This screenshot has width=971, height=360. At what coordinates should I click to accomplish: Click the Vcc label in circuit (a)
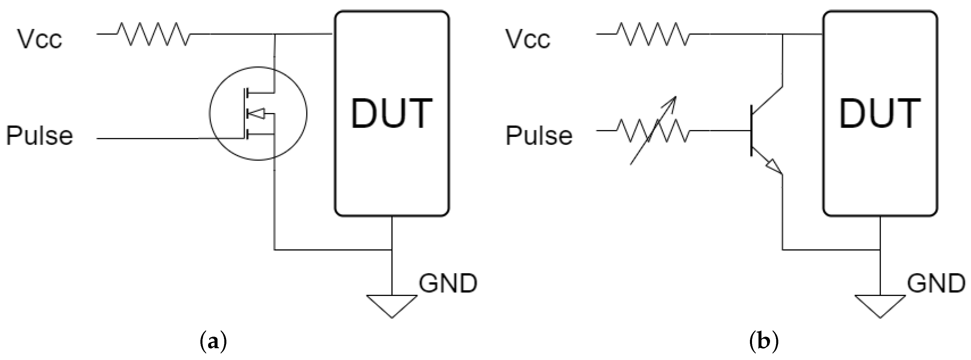39,39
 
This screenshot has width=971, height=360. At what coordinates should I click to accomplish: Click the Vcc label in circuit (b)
527,39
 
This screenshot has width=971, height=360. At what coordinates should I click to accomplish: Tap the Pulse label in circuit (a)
39,135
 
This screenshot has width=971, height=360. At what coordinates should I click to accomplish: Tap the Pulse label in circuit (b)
539,135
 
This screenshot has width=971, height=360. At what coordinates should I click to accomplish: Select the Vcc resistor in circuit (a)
153,34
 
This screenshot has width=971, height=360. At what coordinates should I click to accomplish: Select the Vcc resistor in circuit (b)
653,34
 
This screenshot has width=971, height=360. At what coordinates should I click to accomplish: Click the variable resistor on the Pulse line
653,131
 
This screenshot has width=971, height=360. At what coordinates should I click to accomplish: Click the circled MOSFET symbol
258,113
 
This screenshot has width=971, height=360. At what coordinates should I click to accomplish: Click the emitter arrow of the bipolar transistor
774,167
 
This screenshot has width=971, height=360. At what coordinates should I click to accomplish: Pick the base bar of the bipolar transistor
751,131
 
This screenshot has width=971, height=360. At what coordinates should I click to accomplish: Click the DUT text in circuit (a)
392,113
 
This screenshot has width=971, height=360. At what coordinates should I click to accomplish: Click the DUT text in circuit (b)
880,113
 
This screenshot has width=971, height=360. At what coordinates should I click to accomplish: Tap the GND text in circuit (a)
448,284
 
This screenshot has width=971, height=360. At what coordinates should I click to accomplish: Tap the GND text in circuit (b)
936,284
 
